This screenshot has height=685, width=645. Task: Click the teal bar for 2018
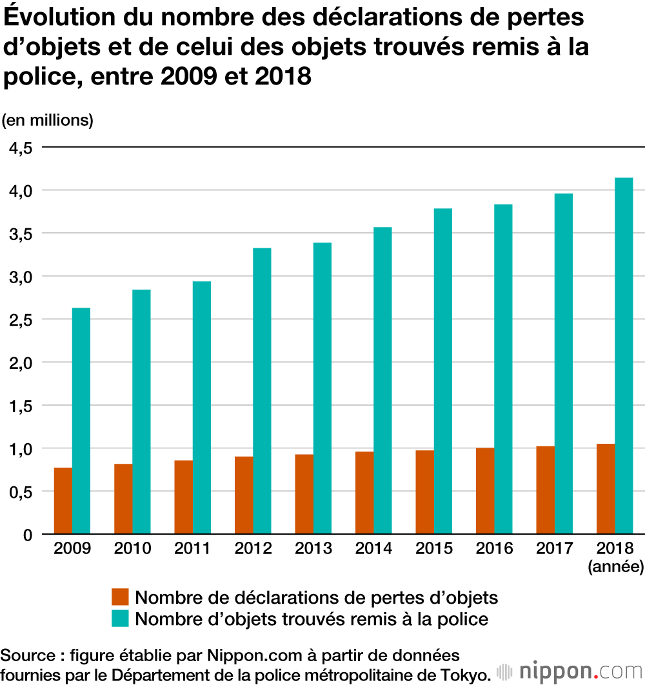pos(624,356)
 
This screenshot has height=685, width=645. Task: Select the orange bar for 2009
pos(63,501)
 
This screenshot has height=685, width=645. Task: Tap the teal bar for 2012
pos(262,391)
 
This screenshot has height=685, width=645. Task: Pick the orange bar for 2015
pos(425,492)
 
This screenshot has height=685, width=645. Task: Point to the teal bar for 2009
pos(81,421)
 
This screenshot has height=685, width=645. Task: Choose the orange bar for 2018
pos(606,489)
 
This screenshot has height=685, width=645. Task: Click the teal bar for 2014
pos(382,381)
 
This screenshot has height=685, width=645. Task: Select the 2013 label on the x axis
pos(313,549)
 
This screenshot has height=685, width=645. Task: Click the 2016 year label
pos(495,549)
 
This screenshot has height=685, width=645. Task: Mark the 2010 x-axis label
pos(132,549)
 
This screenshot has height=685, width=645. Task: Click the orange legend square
pos(120,597)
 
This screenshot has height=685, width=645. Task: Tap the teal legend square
pos(120,619)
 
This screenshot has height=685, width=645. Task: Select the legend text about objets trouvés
pos(312,619)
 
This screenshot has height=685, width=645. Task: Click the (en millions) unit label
pos(48,120)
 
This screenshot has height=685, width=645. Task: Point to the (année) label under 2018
pos(615,567)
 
